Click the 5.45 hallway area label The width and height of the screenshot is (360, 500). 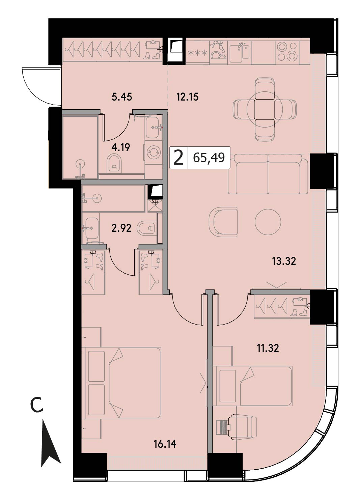(x=122, y=97)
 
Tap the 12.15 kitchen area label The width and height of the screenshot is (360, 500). (x=187, y=97)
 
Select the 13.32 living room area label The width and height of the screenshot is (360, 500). (x=284, y=261)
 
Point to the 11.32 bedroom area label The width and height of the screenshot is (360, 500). (x=268, y=348)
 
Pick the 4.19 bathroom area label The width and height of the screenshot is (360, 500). (x=121, y=147)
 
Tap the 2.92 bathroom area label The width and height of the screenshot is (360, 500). (x=121, y=228)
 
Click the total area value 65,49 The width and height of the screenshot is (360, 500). (x=209, y=158)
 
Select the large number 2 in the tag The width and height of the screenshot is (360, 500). (x=178, y=158)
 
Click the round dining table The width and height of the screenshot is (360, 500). (x=265, y=109)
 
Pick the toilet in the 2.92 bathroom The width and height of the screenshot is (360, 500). (x=146, y=228)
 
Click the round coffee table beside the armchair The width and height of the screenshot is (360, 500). (x=268, y=222)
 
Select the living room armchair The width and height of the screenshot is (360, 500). (x=223, y=221)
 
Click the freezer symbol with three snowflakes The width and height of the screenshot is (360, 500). (x=197, y=53)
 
